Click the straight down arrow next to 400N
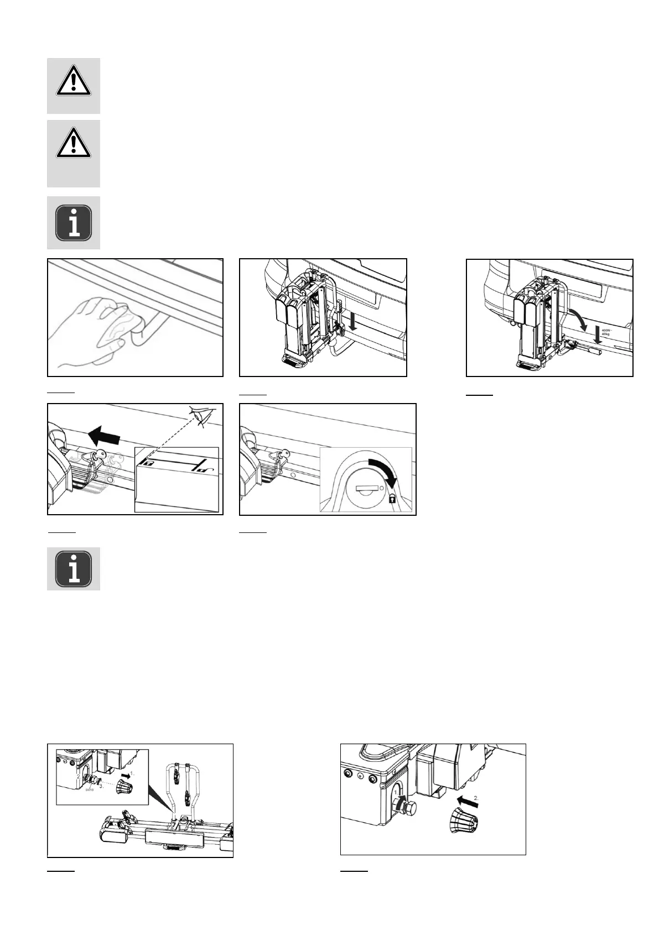coord(596,333)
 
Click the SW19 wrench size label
coord(89,790)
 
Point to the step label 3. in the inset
coord(101,786)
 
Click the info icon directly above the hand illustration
coord(74,223)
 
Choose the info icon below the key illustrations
coord(74,568)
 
